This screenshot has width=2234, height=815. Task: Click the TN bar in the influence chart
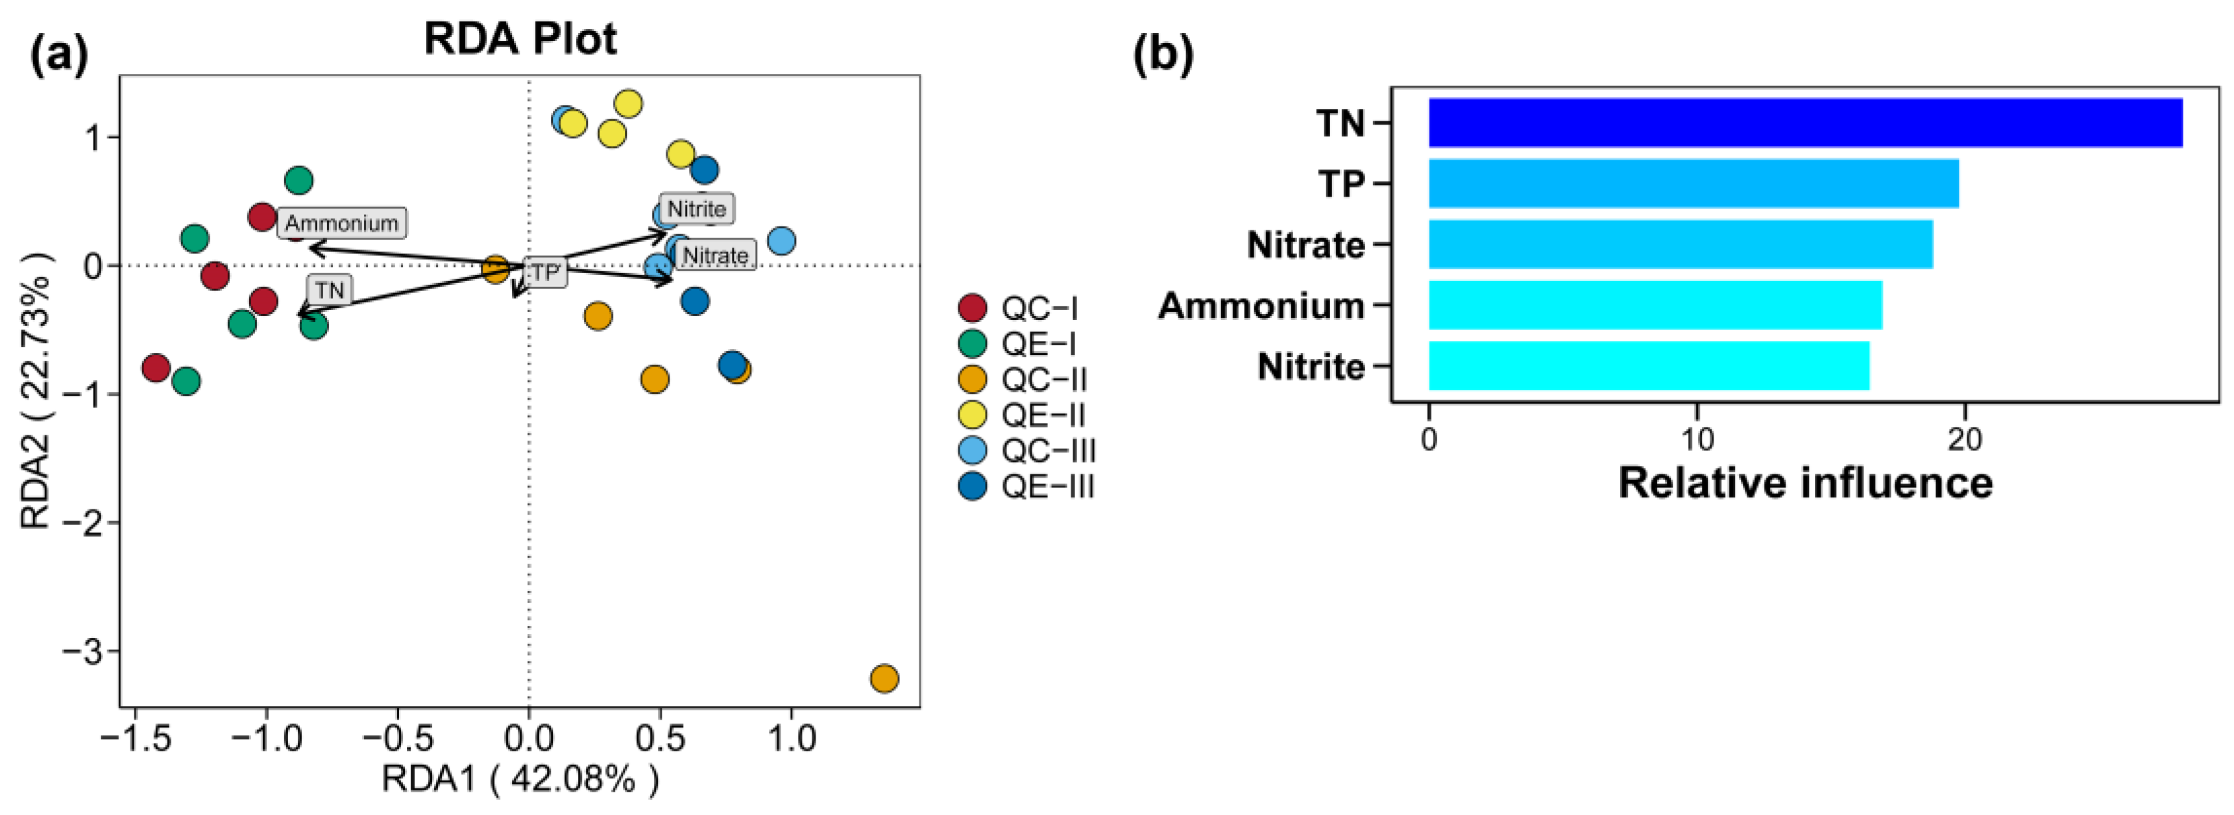click(x=1804, y=123)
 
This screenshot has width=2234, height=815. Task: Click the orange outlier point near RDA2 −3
click(x=884, y=678)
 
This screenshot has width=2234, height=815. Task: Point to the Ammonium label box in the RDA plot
click(x=342, y=224)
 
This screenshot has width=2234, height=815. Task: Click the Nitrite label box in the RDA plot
click(x=696, y=209)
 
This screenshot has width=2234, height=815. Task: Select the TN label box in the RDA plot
click(x=330, y=289)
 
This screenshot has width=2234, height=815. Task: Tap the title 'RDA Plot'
click(x=520, y=39)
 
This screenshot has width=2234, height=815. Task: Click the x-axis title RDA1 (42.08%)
click(x=520, y=779)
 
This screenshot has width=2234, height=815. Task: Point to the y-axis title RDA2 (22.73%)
click(x=36, y=390)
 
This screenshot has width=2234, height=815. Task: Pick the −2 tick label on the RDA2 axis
click(x=84, y=522)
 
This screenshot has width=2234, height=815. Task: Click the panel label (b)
click(x=1163, y=54)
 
